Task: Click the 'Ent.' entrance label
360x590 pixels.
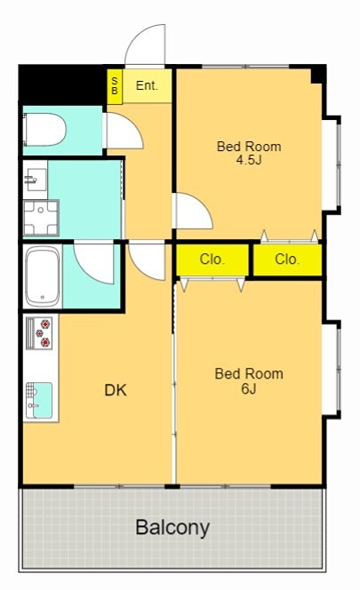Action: pos(147,86)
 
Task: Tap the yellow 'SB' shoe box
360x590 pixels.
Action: pos(115,86)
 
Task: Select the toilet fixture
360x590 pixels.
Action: pos(44,130)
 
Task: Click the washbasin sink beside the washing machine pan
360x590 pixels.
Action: pos(36,179)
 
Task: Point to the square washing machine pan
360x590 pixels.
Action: pos(42,218)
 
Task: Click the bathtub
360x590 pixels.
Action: pos(43,276)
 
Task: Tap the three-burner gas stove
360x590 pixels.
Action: pos(39,333)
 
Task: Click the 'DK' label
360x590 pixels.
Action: pos(116,391)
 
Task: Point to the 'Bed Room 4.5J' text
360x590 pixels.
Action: pos(249,153)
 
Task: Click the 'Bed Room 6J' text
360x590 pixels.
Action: pos(249,381)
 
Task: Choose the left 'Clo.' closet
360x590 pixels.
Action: pos(212,259)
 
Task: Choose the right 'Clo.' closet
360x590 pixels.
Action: pos(288,259)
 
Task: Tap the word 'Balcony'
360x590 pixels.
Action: pos(172,528)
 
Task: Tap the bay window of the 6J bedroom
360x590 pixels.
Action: pos(332,369)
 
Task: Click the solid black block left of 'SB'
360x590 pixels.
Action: pos(62,85)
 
